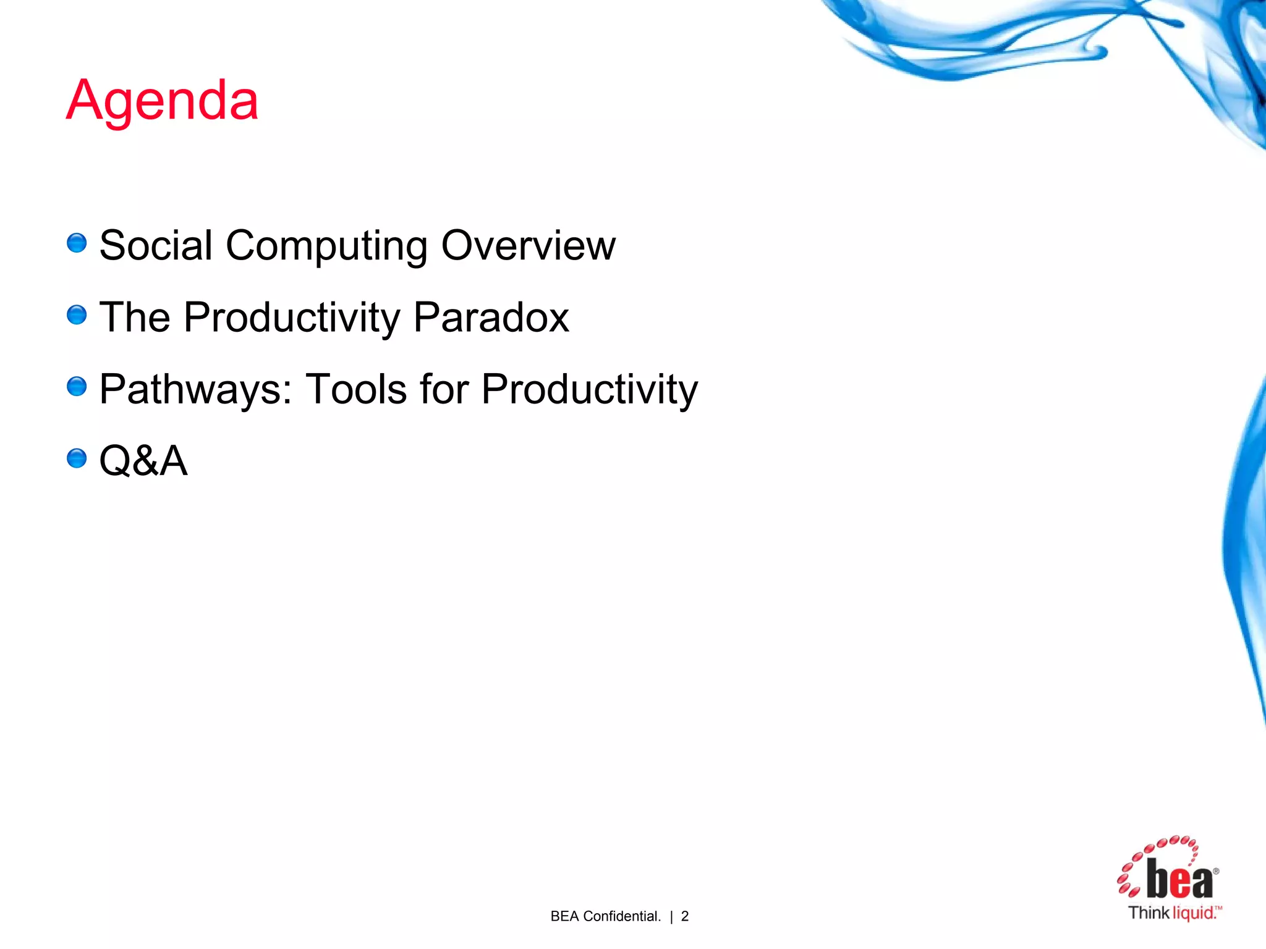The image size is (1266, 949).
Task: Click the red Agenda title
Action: click(162, 101)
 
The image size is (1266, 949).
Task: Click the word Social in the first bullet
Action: click(156, 245)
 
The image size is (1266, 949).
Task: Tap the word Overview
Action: click(528, 245)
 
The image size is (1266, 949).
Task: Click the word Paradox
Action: click(491, 318)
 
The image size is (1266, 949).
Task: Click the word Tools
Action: click(357, 389)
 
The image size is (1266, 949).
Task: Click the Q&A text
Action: click(143, 461)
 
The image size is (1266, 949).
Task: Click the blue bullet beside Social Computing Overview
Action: click(77, 243)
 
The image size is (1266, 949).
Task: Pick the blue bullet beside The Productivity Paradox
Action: click(77, 315)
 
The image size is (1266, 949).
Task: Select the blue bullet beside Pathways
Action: click(77, 387)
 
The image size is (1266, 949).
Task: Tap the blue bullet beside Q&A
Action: click(77, 458)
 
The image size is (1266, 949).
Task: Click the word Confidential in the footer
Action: click(622, 916)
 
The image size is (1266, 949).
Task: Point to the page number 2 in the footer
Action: click(684, 916)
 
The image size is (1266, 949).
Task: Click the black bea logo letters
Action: click(1179, 879)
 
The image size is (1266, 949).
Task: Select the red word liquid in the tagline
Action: click(1194, 913)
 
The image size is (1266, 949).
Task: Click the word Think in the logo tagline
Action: click(1149, 913)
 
